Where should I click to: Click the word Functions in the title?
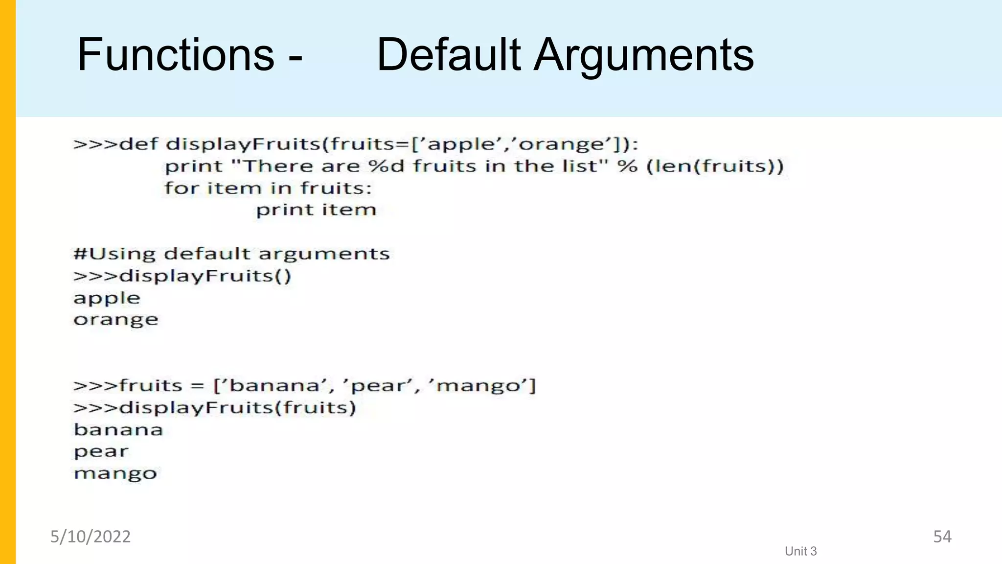(x=176, y=54)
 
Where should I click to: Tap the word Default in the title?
(x=449, y=54)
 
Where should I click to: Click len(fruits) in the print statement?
(x=715, y=166)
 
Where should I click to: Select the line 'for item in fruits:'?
(x=268, y=188)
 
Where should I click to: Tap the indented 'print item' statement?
(x=316, y=210)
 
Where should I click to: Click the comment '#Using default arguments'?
(x=231, y=254)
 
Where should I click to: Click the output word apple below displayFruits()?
(x=107, y=298)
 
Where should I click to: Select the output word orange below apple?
(x=116, y=320)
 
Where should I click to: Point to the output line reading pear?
(x=101, y=451)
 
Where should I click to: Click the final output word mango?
(x=115, y=473)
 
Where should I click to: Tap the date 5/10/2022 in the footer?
(x=91, y=537)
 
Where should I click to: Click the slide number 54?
(x=942, y=537)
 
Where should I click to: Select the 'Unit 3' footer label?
(x=800, y=551)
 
